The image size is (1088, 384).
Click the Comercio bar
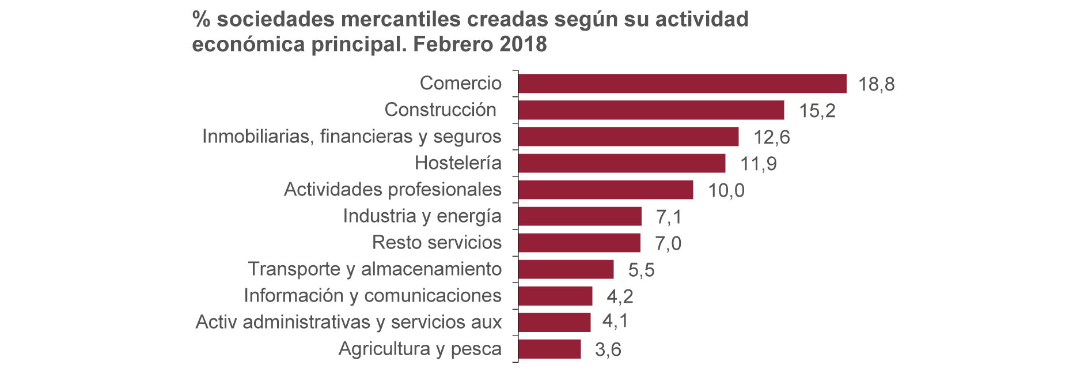coord(682,84)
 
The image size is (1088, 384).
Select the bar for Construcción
coord(651,110)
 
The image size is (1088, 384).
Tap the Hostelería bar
coord(621,163)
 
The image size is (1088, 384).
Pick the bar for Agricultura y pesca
coord(549,349)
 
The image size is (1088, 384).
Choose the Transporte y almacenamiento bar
coord(566,269)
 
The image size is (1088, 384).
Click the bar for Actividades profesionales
coord(605,190)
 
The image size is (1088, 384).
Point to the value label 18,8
coord(876,85)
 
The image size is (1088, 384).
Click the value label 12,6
coord(771,137)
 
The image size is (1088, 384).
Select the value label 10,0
coord(726,190)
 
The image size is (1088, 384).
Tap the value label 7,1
coord(669,217)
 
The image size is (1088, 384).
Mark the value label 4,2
coord(620,296)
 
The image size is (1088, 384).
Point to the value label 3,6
coord(608,349)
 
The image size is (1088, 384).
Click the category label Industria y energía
coord(422,216)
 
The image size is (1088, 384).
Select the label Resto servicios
coord(437,243)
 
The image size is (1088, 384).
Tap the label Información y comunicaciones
coord(372,296)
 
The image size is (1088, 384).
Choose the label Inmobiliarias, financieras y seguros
coord(351,137)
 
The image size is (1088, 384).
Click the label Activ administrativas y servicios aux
coord(348,322)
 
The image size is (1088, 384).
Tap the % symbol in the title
coord(201,20)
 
